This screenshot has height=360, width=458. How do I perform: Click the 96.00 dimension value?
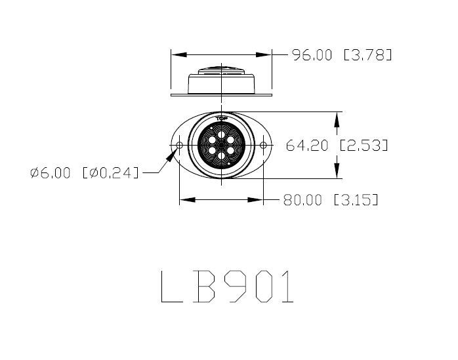click(x=312, y=55)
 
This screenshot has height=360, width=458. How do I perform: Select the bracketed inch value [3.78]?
click(x=368, y=55)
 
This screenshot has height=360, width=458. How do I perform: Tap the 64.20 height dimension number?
click(x=307, y=146)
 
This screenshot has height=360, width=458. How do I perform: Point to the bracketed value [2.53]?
click(x=364, y=146)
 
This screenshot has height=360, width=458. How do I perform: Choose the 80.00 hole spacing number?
click(x=302, y=200)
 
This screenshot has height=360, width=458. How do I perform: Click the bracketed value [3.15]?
click(x=356, y=200)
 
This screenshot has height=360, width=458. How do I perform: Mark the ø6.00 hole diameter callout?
click(x=52, y=173)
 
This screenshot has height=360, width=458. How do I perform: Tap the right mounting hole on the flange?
click(x=263, y=145)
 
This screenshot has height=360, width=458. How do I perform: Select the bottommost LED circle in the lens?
click(x=221, y=155)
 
